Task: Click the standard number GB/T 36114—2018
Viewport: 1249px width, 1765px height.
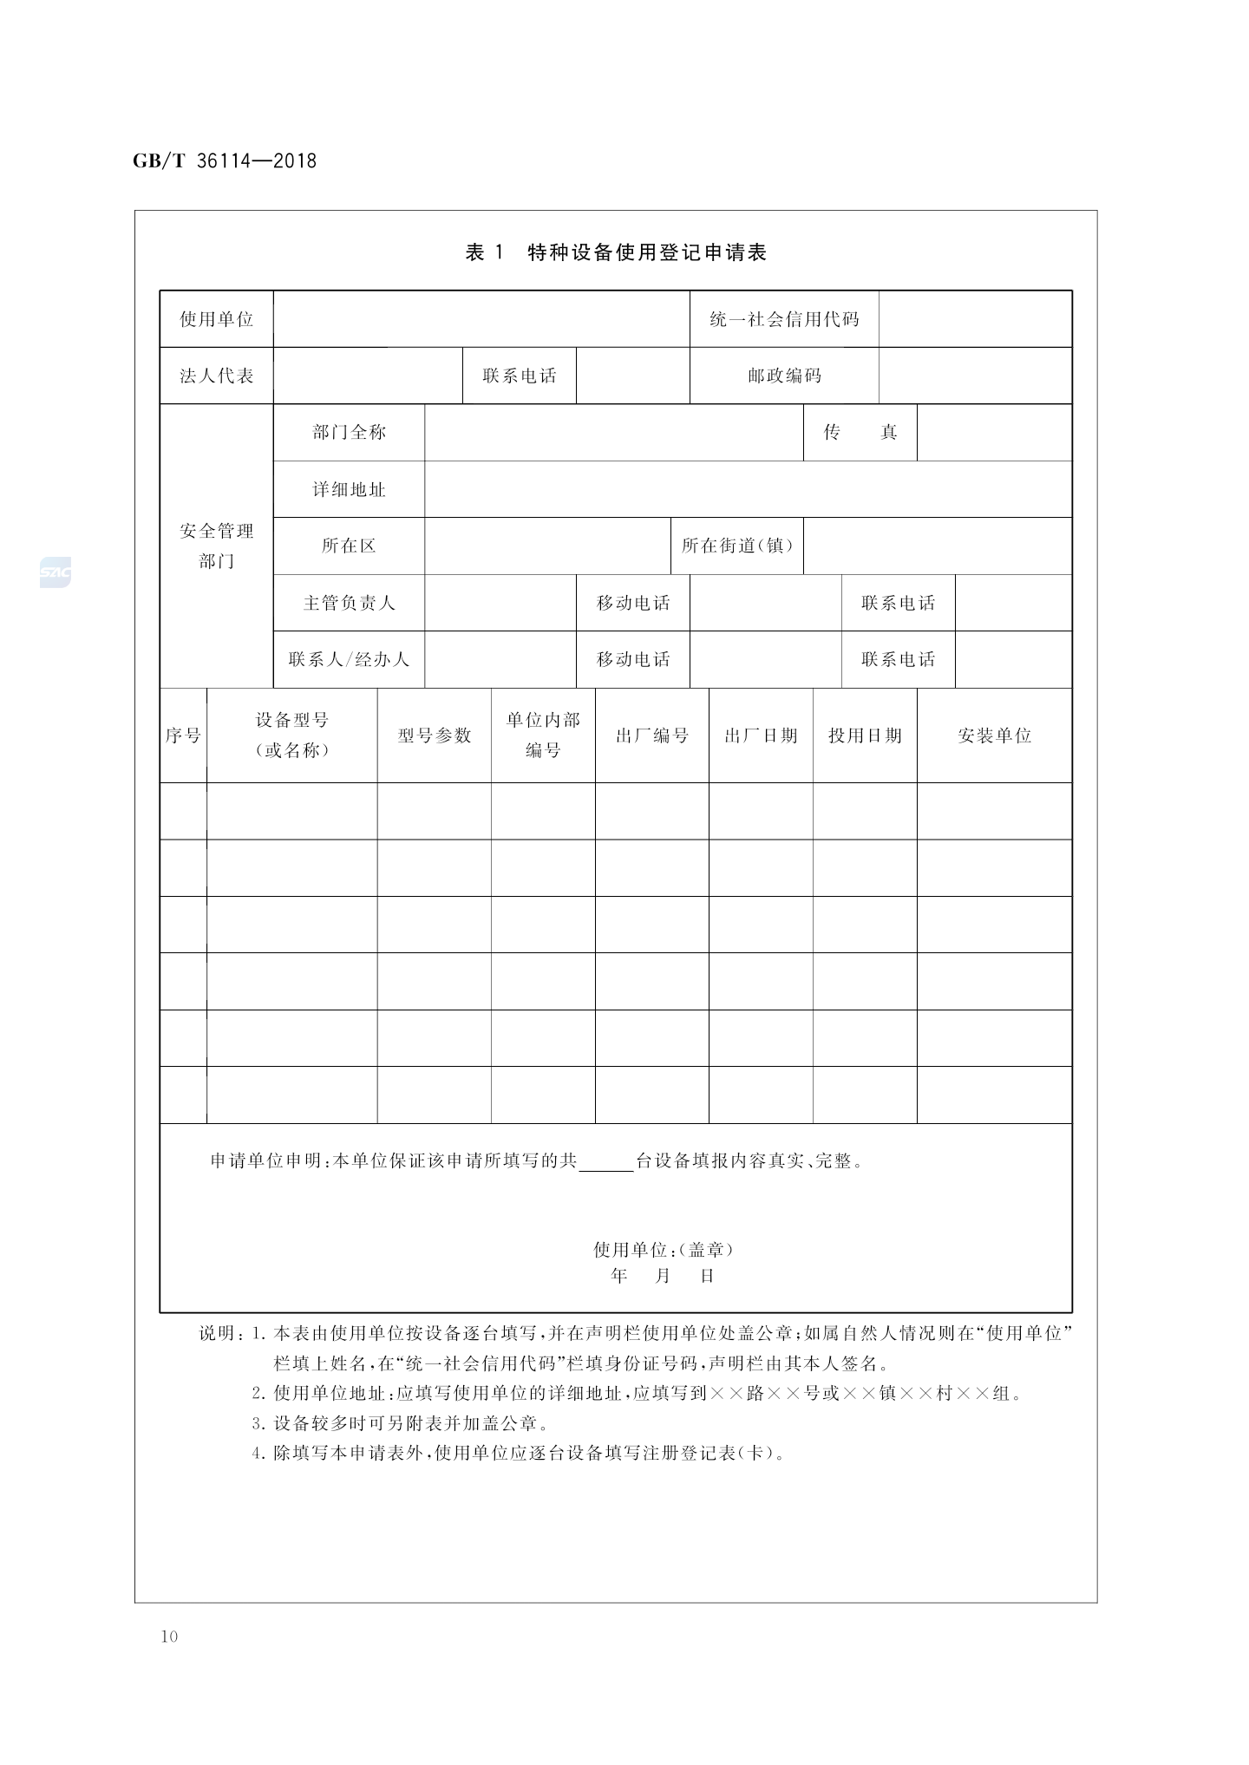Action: tap(225, 161)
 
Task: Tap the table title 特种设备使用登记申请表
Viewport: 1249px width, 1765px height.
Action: tap(647, 253)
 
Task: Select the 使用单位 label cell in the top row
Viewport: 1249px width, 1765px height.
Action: tap(216, 319)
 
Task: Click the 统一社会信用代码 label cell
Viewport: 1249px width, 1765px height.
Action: tap(784, 319)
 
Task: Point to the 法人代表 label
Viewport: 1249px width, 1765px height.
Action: tap(216, 376)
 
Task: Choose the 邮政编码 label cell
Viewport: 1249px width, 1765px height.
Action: tap(784, 376)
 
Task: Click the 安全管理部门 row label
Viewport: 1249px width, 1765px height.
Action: tap(216, 546)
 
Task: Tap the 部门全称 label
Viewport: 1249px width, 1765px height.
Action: tap(349, 432)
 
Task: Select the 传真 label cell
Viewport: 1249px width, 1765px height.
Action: tap(860, 432)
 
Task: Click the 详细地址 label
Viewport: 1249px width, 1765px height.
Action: tap(349, 489)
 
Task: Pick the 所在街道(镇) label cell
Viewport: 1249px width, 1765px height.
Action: tap(737, 546)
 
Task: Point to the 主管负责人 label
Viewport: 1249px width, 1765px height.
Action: tap(349, 603)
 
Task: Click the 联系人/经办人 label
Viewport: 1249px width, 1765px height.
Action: tap(349, 659)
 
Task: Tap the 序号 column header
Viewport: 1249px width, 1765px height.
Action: tap(183, 735)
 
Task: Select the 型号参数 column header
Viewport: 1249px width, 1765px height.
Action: tap(434, 735)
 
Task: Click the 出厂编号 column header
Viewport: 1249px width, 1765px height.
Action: tap(651, 735)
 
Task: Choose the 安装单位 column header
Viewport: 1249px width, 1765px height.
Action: tap(994, 735)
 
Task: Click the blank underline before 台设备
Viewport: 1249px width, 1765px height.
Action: tap(605, 1162)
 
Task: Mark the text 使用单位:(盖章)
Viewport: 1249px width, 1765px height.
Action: tap(664, 1250)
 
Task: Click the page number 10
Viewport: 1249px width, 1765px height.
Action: tap(169, 1637)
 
